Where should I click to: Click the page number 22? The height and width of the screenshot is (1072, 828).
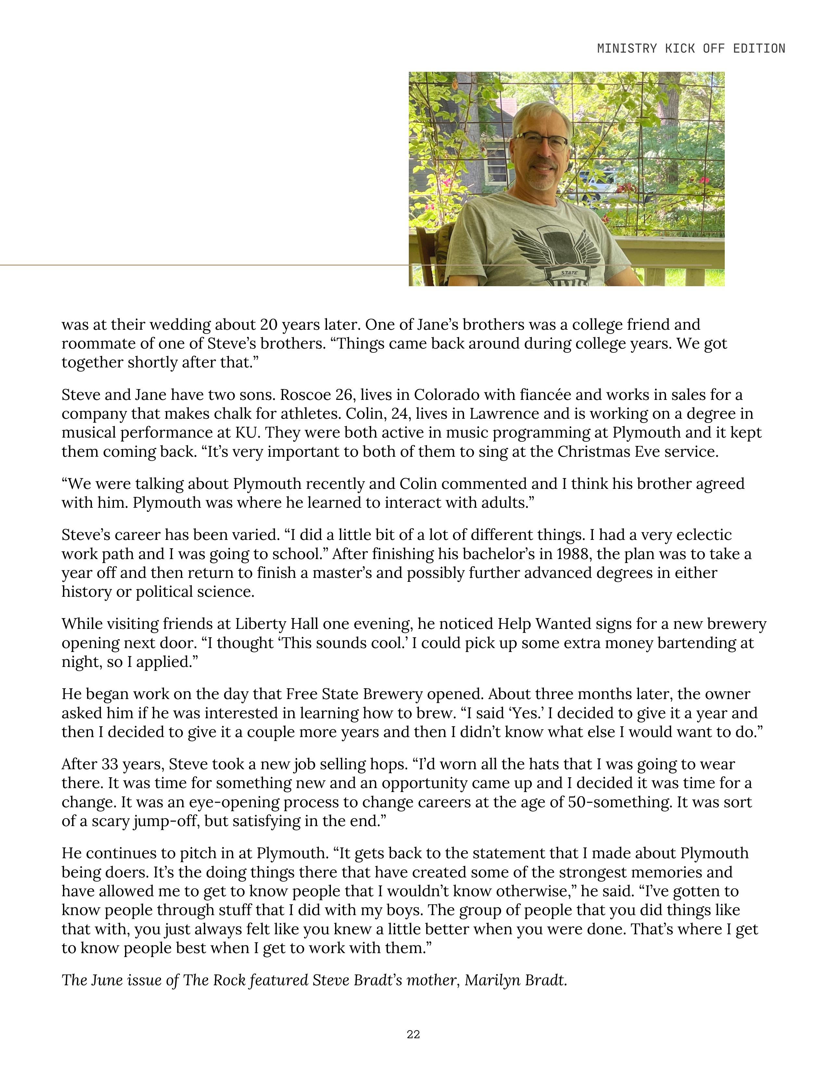point(413,1034)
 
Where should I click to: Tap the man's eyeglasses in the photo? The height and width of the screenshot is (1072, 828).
point(541,141)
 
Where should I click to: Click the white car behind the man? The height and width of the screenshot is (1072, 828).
point(596,185)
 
